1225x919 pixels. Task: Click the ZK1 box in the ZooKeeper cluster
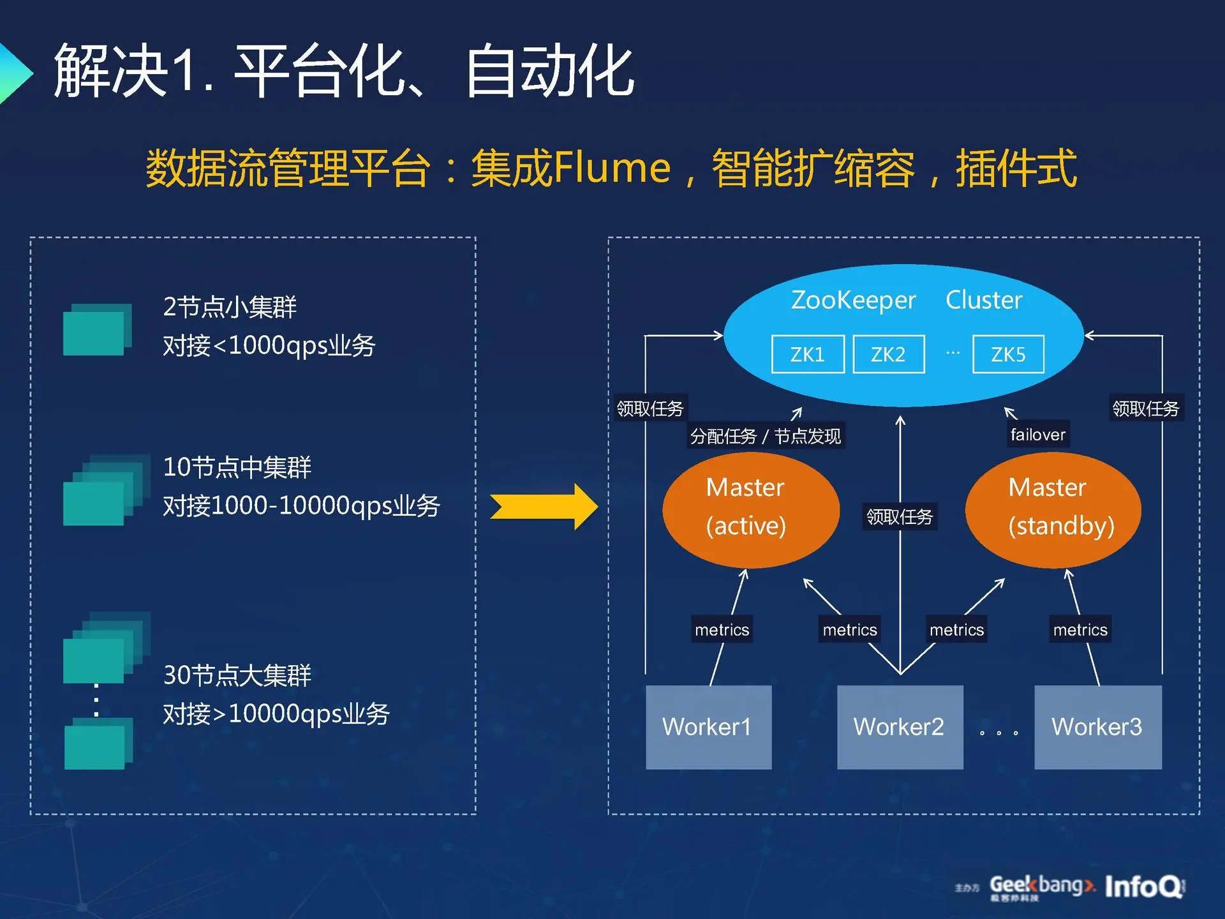point(808,354)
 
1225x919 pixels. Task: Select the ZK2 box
point(888,354)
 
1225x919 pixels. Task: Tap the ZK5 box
point(1008,354)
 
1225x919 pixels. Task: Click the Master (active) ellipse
point(750,509)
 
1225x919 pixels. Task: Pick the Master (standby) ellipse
point(1053,509)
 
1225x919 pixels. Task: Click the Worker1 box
point(708,727)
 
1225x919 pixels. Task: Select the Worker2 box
point(900,727)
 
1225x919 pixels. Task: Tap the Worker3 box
point(1097,727)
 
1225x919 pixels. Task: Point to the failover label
point(1037,435)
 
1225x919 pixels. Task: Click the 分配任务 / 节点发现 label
point(766,437)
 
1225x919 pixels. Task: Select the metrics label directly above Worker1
point(722,630)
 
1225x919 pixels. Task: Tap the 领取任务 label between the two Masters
point(900,516)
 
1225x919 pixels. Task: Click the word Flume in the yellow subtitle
point(612,168)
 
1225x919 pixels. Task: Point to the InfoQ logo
point(1144,886)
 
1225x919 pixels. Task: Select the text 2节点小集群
point(230,307)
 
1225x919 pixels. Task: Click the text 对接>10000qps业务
point(276,714)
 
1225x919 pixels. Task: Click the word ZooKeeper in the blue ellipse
point(853,300)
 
